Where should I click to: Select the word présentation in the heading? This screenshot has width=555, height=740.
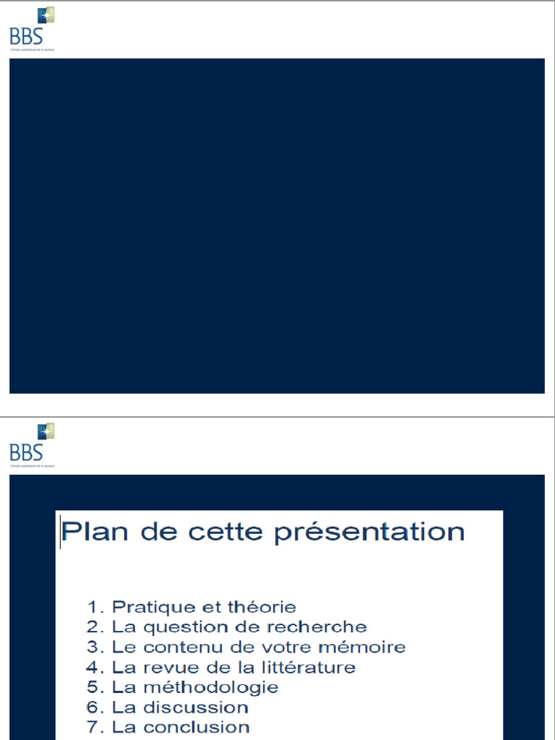(x=369, y=533)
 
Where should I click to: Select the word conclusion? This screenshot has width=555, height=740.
(x=197, y=727)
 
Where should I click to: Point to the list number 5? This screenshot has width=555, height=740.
(x=92, y=687)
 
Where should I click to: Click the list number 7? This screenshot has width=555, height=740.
(x=92, y=727)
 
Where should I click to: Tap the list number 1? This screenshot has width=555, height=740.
(x=92, y=607)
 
